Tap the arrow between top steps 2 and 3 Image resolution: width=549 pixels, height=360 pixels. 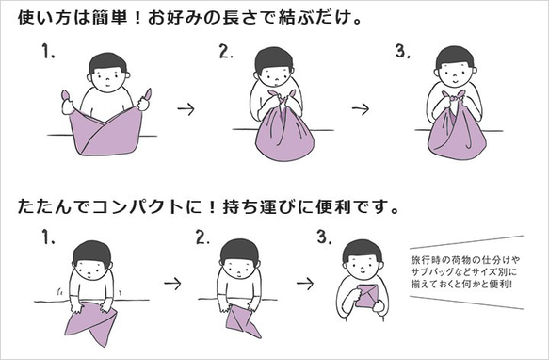pos(361,109)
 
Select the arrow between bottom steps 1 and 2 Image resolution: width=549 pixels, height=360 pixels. pos(170,282)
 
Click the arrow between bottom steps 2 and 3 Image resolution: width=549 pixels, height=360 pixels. pos(304,282)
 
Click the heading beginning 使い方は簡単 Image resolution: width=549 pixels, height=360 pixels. pos(186,18)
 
